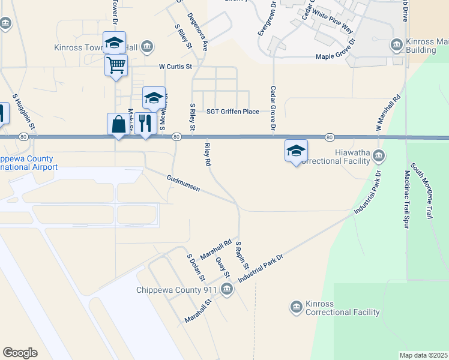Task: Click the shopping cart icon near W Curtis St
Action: (116, 64)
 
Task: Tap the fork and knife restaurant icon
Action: (145, 123)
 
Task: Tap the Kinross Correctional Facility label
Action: (343, 312)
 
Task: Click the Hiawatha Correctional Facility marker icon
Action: (378, 157)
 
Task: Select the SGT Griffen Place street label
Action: (232, 112)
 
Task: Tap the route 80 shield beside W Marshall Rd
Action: (330, 137)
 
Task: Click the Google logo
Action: (20, 353)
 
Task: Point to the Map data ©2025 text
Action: (423, 355)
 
